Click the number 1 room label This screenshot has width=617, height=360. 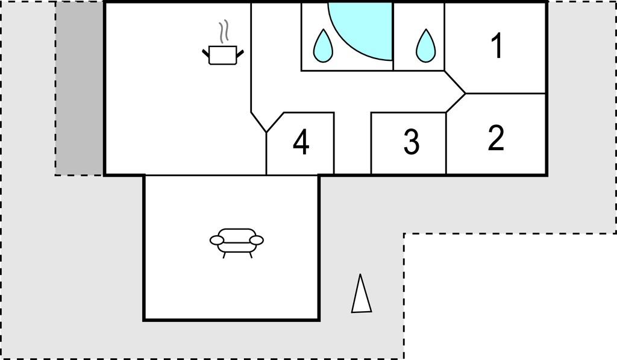pyautogui.click(x=497, y=46)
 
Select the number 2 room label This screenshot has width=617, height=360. pyautogui.click(x=496, y=138)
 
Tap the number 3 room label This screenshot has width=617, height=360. pyautogui.click(x=412, y=141)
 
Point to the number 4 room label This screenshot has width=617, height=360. pyautogui.click(x=301, y=142)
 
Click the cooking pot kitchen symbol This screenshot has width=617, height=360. pyautogui.click(x=223, y=55)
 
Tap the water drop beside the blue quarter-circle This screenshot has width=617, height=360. pyautogui.click(x=323, y=46)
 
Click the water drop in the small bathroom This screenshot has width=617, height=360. pyautogui.click(x=426, y=46)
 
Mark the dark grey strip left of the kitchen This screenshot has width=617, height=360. pyautogui.click(x=79, y=89)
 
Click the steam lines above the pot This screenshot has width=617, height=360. pyautogui.click(x=224, y=31)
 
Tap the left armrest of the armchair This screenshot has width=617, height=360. pyautogui.click(x=217, y=240)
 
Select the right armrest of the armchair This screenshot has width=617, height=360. pyautogui.click(x=257, y=240)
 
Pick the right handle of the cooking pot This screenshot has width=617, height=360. pyautogui.click(x=240, y=52)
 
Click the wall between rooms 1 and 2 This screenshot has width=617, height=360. pyautogui.click(x=506, y=93)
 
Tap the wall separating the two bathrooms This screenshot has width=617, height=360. pyautogui.click(x=393, y=37)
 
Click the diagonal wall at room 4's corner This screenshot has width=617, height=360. pyautogui.click(x=275, y=122)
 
